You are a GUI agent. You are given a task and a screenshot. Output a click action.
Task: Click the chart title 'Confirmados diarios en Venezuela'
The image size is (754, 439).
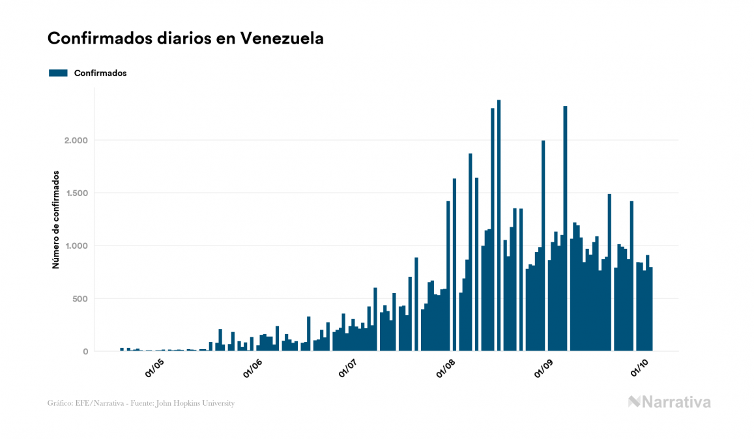point(186,39)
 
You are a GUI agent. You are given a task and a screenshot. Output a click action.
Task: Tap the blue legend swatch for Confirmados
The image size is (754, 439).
point(59,73)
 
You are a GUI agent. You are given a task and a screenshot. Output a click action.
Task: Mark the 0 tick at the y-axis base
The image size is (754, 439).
point(84,352)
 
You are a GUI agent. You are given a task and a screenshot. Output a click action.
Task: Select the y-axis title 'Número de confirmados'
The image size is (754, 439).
point(56,220)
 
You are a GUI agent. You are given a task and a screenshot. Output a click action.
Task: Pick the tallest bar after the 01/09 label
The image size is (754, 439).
point(565,229)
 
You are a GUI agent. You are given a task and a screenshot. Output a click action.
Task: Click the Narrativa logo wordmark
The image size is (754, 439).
point(669,402)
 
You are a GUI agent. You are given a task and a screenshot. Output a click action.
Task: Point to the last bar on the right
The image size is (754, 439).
point(650,309)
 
